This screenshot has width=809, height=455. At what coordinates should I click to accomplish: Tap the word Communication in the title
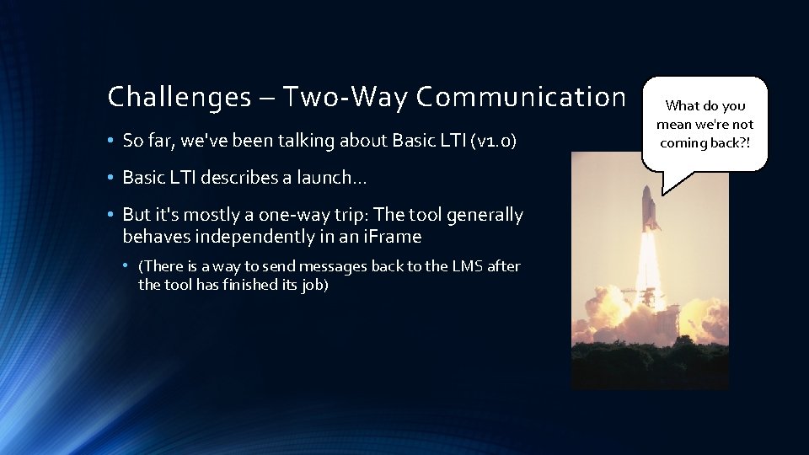(x=521, y=98)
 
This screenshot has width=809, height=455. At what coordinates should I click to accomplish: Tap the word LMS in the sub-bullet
(x=464, y=266)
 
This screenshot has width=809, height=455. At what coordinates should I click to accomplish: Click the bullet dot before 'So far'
(x=112, y=142)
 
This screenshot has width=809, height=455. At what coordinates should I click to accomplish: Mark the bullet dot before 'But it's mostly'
(x=112, y=216)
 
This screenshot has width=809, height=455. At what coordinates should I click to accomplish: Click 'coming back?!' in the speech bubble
(x=705, y=142)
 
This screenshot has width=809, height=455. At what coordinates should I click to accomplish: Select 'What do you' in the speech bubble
(x=705, y=106)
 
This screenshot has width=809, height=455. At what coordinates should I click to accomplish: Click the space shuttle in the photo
(x=651, y=206)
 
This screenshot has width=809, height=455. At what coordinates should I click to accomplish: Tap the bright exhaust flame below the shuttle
(x=651, y=261)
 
